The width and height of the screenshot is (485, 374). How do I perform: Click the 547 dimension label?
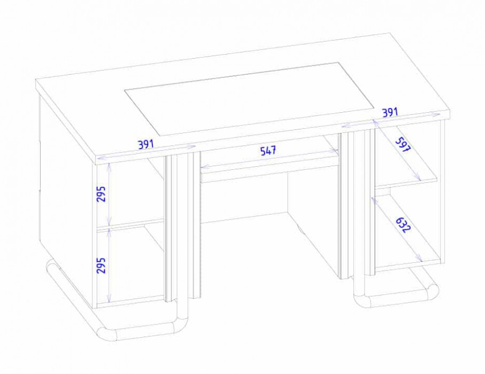268,151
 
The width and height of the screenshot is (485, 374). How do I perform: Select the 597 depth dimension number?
403,144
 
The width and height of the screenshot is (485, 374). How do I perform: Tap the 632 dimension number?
403,224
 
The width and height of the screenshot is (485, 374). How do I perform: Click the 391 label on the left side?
145,144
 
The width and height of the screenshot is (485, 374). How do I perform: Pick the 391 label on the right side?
390,112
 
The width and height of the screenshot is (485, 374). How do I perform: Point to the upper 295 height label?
101,194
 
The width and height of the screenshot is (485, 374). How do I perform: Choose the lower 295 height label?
101,265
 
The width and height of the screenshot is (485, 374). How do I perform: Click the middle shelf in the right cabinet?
406,182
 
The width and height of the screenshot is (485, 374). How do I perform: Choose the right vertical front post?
356,204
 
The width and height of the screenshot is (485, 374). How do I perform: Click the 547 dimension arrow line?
268,159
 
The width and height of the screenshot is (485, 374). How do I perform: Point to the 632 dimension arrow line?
397,230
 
